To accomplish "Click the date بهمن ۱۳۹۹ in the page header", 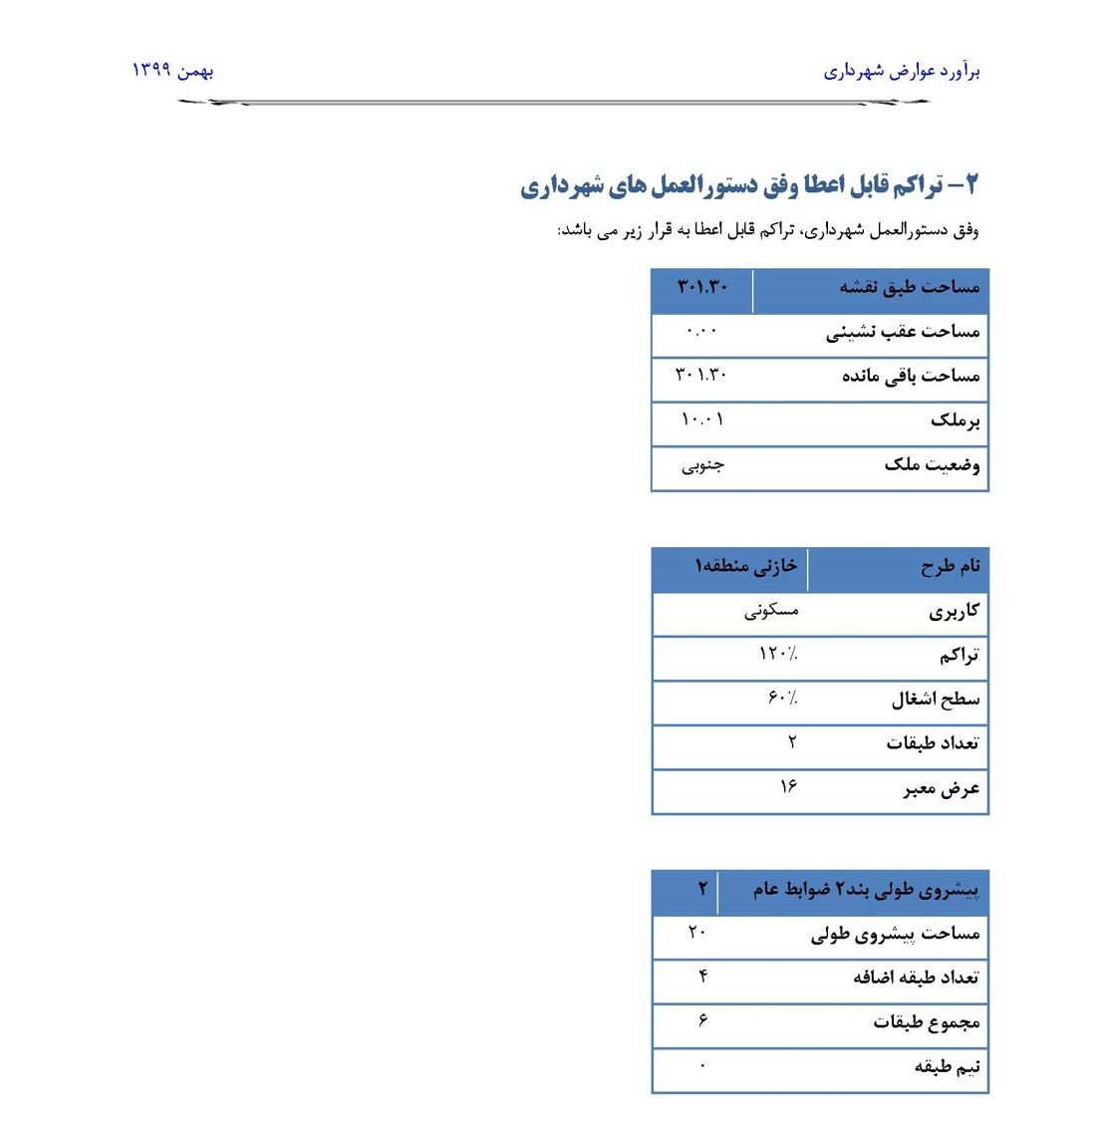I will click(x=173, y=71).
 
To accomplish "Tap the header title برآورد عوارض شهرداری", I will click(x=902, y=72).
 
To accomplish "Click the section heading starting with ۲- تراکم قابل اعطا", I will click(x=749, y=185).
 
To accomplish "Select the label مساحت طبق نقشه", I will click(x=909, y=288).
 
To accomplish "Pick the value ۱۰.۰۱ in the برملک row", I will click(x=702, y=420).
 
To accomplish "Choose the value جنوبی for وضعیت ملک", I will click(x=702, y=465).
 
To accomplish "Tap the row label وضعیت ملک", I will click(x=932, y=465).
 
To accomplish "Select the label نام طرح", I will click(x=950, y=567).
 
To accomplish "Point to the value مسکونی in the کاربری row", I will click(x=771, y=611).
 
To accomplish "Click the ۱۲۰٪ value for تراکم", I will click(x=778, y=655).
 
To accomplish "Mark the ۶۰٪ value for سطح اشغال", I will click(x=782, y=699).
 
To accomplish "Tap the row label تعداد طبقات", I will click(x=933, y=743).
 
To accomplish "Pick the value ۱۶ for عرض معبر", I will click(x=788, y=787).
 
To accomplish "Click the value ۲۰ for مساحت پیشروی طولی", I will click(x=696, y=933).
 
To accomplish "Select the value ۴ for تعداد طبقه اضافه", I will click(x=703, y=977).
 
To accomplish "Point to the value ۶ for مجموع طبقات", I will click(x=702, y=1021).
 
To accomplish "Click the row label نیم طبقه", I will click(x=947, y=1067).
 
